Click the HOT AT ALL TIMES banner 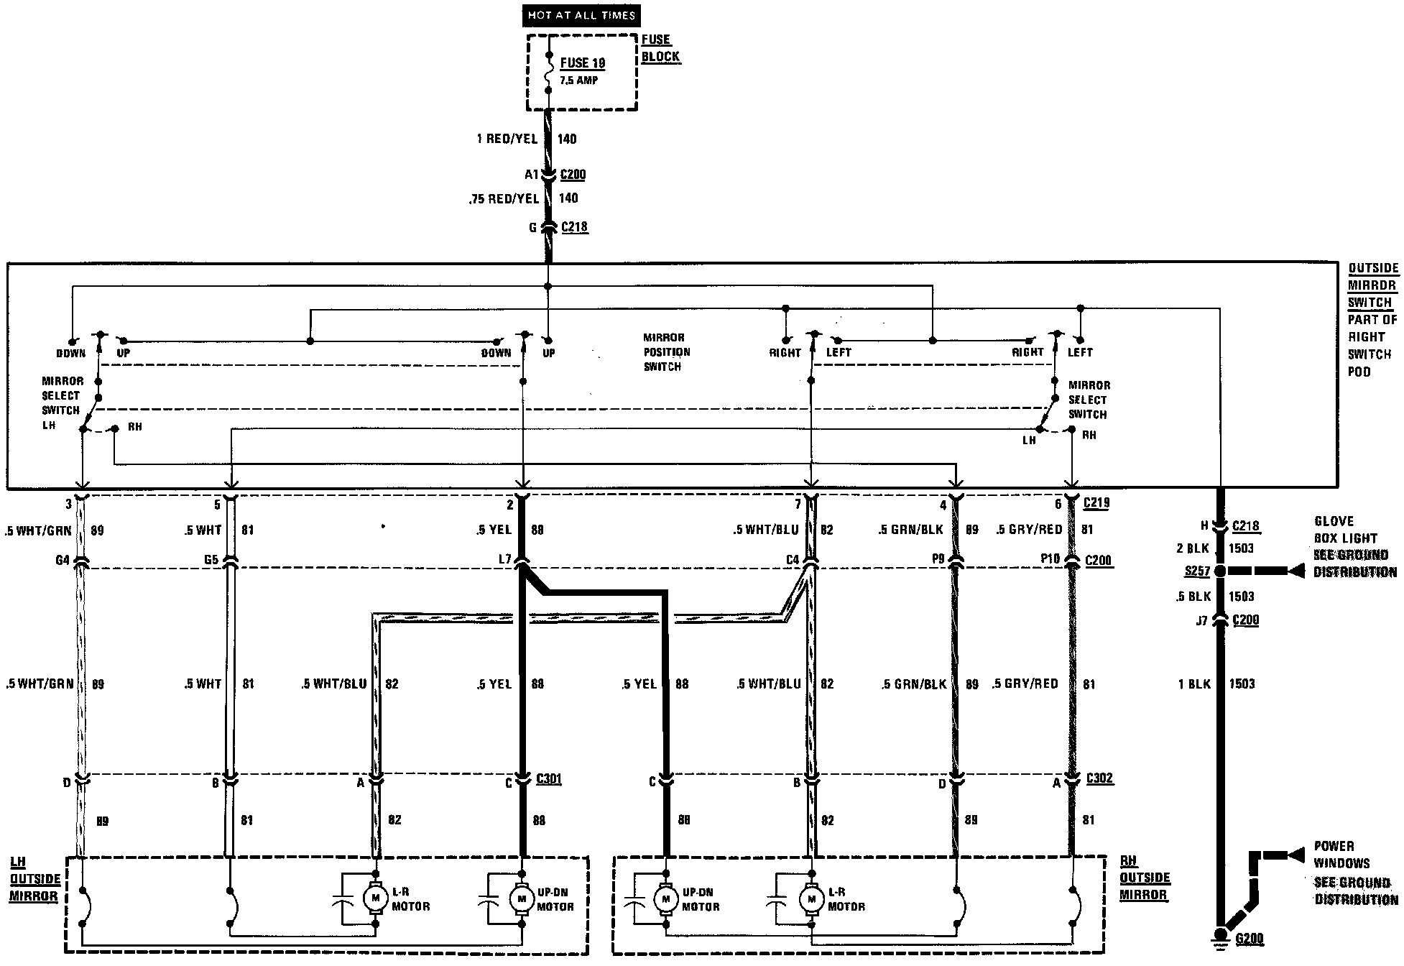[581, 15]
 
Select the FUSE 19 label [583, 63]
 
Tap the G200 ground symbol [1220, 936]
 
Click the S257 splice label [1196, 571]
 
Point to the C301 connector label [549, 779]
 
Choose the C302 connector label [1099, 779]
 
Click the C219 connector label [1096, 503]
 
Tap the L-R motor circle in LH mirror [374, 898]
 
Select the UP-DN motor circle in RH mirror [666, 898]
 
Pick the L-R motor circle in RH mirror [812, 898]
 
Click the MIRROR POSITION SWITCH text [666, 352]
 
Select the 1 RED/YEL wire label [507, 139]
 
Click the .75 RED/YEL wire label [504, 199]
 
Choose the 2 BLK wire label [1193, 548]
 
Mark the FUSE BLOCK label [660, 48]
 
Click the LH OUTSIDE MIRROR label [34, 878]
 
